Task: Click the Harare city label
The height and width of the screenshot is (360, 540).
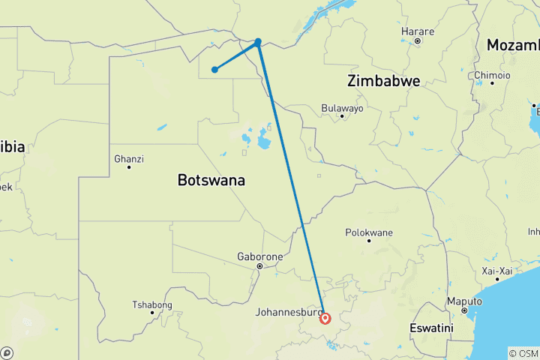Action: click(x=418, y=31)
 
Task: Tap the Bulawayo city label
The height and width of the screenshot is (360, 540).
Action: click(x=342, y=108)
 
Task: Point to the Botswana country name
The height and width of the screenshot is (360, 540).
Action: click(x=211, y=180)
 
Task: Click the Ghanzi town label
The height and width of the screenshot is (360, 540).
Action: click(x=129, y=159)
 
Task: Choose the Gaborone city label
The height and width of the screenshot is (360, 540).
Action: click(x=259, y=256)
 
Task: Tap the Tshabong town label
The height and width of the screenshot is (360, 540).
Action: click(x=152, y=304)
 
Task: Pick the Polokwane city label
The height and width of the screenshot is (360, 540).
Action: click(x=369, y=232)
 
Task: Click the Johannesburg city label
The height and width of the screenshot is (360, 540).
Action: click(x=289, y=311)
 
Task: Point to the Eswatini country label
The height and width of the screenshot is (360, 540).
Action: click(x=433, y=328)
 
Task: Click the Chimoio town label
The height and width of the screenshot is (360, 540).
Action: click(x=492, y=75)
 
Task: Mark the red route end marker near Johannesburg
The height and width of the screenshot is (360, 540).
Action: click(x=325, y=318)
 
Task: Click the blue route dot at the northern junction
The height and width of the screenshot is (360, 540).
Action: click(x=258, y=42)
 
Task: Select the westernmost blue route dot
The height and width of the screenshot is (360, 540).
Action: click(x=214, y=70)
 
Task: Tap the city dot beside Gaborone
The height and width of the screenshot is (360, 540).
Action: click(x=259, y=266)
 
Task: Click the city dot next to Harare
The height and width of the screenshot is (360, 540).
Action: click(x=418, y=40)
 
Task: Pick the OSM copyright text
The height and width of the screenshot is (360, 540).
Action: click(x=523, y=353)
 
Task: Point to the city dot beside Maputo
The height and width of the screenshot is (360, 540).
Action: click(x=463, y=310)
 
